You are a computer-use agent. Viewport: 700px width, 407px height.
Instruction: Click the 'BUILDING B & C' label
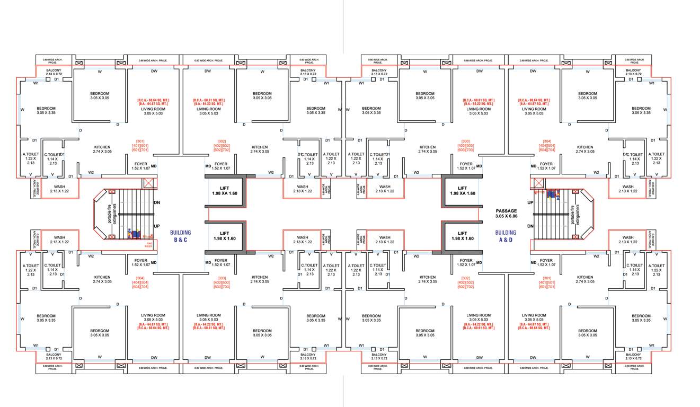click(x=180, y=236)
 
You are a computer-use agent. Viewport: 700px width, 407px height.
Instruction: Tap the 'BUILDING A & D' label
click(x=506, y=236)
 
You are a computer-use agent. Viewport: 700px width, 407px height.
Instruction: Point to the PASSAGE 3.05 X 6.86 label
click(x=506, y=214)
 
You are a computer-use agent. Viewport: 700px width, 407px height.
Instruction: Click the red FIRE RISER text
click(x=149, y=245)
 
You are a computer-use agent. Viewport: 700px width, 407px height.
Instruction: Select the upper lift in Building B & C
click(x=225, y=191)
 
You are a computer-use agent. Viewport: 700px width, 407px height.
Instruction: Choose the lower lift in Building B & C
click(x=225, y=236)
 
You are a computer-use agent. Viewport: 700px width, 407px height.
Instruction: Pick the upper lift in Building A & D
click(x=463, y=191)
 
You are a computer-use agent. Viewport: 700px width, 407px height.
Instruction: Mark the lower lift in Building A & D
click(x=463, y=236)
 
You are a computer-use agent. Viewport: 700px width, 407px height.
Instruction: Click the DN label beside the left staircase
click(x=157, y=202)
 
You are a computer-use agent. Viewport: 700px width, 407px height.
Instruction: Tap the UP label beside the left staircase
click(x=157, y=226)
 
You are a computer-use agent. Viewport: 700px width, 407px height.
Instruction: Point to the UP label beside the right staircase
click(x=530, y=202)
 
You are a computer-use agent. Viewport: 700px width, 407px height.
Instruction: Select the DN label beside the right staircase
click(x=530, y=226)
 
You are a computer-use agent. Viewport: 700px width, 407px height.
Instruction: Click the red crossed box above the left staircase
click(x=149, y=183)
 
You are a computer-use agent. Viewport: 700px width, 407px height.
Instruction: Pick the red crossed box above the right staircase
click(x=538, y=183)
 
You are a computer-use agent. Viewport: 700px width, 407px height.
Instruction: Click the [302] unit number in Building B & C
click(x=221, y=141)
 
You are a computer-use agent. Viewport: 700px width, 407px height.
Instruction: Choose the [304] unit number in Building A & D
click(x=547, y=141)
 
